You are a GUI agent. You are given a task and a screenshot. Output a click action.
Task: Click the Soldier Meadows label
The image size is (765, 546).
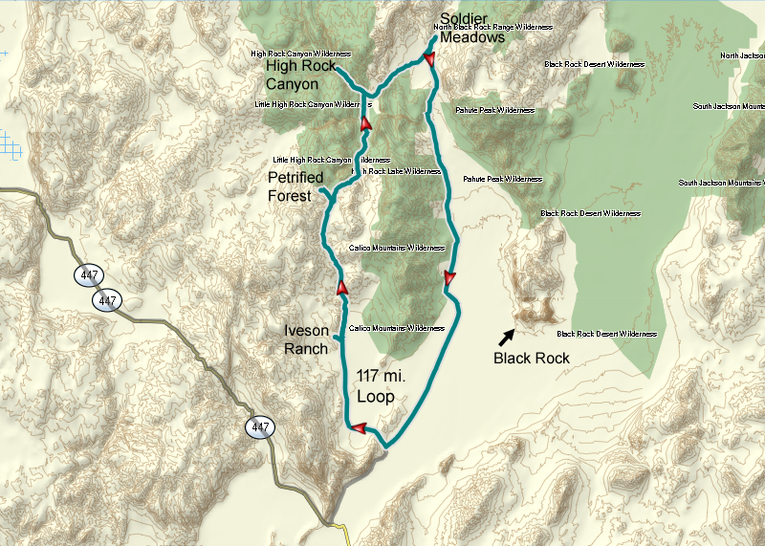(x=471, y=28)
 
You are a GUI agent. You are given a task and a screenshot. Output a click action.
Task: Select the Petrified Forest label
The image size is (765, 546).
(x=295, y=186)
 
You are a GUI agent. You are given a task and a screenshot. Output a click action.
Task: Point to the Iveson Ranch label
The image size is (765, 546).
(x=306, y=339)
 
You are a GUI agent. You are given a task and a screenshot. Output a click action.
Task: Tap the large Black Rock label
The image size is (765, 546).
(x=531, y=359)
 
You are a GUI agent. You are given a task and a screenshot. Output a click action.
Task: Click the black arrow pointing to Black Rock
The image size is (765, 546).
(x=505, y=336)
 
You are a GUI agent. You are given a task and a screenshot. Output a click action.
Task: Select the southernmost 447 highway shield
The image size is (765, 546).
(x=259, y=427)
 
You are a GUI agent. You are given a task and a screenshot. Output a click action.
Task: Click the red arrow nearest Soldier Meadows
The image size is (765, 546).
(x=428, y=59)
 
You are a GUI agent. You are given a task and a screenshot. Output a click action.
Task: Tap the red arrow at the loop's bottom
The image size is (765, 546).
(x=358, y=428)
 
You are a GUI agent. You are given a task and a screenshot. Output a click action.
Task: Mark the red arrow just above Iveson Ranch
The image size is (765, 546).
(x=341, y=286)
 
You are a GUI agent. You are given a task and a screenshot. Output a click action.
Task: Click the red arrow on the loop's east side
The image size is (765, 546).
(x=448, y=278)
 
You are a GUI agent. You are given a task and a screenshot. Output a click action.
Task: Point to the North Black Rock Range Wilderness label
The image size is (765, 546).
(x=492, y=28)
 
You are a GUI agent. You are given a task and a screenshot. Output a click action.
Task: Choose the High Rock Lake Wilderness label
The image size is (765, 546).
(x=396, y=171)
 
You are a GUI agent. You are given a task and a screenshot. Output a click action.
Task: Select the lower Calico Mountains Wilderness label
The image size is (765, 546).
(x=398, y=328)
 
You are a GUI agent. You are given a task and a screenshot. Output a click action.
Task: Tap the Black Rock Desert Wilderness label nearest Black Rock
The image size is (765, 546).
(x=606, y=334)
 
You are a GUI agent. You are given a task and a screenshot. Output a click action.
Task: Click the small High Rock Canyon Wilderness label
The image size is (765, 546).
(x=300, y=54)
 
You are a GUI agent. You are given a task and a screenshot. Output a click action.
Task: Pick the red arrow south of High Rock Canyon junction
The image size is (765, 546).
(x=365, y=123)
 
